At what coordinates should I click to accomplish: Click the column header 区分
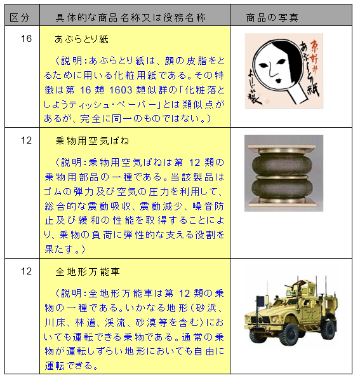click(x=20, y=17)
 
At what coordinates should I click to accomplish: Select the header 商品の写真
click(x=272, y=17)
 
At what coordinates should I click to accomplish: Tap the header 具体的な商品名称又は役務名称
click(x=131, y=17)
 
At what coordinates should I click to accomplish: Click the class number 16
click(x=26, y=39)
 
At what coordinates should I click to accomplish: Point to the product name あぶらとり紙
click(x=81, y=39)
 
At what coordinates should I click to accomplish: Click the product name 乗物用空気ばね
click(x=92, y=141)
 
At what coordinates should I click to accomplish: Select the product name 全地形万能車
click(x=88, y=272)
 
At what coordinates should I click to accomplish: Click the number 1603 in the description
click(x=121, y=90)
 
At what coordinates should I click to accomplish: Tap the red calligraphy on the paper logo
click(x=314, y=56)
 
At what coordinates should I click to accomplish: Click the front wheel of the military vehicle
click(x=291, y=334)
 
